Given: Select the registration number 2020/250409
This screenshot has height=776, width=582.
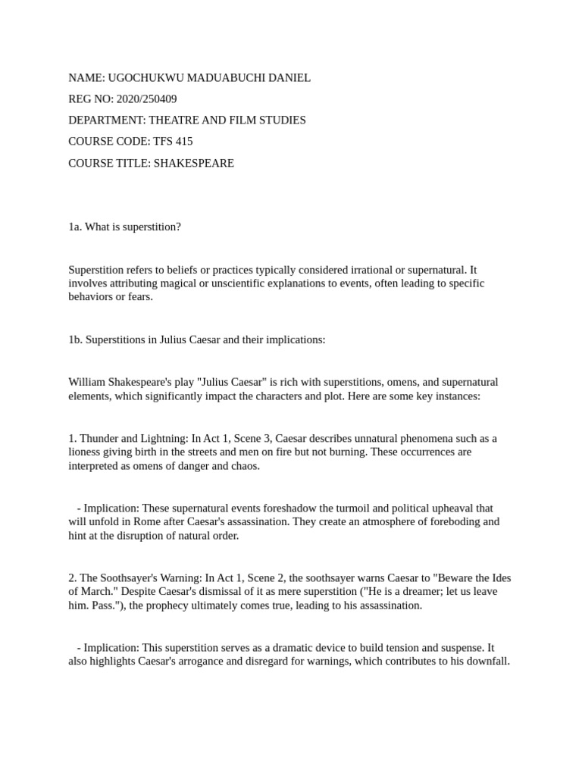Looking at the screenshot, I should (146, 99).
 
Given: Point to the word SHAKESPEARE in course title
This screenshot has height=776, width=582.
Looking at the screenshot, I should (194, 163).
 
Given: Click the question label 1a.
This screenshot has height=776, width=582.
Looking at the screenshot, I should (75, 227).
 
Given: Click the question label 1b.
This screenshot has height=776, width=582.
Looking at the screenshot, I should (75, 339).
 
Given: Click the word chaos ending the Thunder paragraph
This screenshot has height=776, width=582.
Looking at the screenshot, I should (243, 466).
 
